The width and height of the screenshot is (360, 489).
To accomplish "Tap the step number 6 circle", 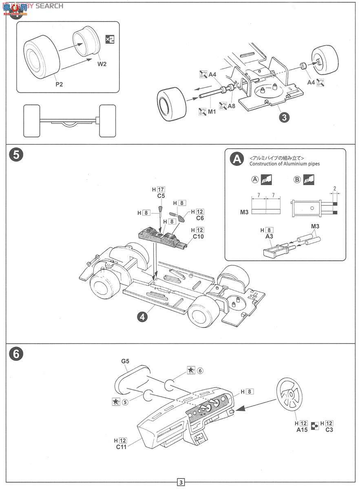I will [x=15, y=354].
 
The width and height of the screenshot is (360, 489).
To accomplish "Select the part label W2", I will [x=102, y=64].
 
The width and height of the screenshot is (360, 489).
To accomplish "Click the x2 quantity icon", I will [x=110, y=39].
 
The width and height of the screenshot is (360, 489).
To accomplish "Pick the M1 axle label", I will [x=212, y=111].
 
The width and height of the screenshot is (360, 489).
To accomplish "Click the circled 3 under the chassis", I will [x=284, y=117].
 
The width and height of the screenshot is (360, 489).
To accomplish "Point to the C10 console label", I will [x=198, y=236].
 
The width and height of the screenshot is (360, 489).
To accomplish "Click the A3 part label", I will [x=269, y=237].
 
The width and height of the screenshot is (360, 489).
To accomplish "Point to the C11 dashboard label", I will [x=121, y=447].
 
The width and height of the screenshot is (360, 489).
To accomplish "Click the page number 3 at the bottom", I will [x=180, y=483].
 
